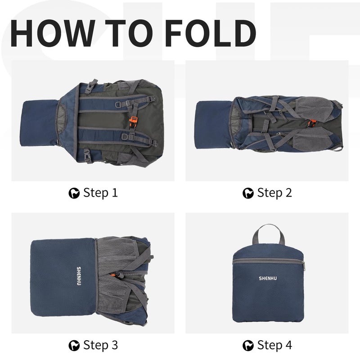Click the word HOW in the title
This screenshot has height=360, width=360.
(x=53, y=33)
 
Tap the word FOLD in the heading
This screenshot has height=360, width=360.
(x=210, y=33)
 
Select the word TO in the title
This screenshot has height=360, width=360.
(x=129, y=33)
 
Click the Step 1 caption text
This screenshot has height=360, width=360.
(x=100, y=193)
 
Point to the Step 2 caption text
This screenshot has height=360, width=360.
(x=274, y=193)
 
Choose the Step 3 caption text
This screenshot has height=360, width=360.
(x=100, y=345)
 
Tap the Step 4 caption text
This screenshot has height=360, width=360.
(x=274, y=345)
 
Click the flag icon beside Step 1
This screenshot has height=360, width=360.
(x=74, y=193)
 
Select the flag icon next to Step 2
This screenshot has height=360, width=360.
(x=248, y=193)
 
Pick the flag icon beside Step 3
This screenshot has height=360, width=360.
(x=74, y=346)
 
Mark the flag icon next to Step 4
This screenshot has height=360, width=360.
(x=248, y=346)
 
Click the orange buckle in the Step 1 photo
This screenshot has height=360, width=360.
(x=133, y=120)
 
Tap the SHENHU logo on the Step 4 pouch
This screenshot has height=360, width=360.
(x=268, y=279)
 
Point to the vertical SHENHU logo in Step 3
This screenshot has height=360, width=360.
(x=79, y=276)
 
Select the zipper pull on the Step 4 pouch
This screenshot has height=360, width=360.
(x=303, y=266)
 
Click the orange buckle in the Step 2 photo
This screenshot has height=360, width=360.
(x=311, y=123)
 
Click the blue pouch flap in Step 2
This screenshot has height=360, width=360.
(x=213, y=125)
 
